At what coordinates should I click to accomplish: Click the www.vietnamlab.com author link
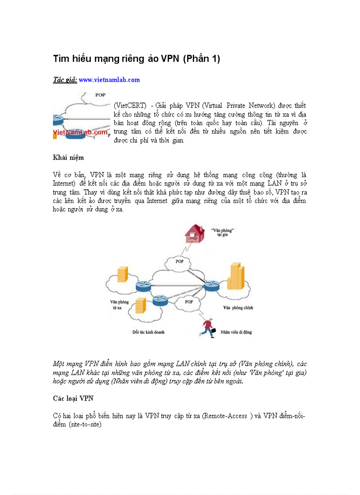[x=109, y=80]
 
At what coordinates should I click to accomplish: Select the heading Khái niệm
[x=68, y=157]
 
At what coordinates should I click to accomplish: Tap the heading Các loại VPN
[x=73, y=398]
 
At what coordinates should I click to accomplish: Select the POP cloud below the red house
[x=179, y=262]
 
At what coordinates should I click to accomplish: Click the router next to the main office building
[x=212, y=287]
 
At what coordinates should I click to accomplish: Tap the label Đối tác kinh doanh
[x=148, y=331]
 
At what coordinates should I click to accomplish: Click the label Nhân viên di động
[x=236, y=332]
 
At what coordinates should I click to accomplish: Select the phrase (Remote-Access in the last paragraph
[x=224, y=416]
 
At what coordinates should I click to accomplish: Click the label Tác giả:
[x=65, y=80]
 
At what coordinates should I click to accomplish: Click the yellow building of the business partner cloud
[x=141, y=306]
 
